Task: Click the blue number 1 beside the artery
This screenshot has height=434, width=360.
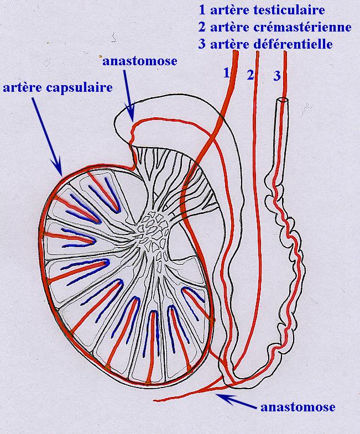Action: (x=226, y=72)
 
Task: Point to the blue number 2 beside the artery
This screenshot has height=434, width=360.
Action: (x=250, y=75)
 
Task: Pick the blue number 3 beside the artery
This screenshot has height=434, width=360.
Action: (x=277, y=76)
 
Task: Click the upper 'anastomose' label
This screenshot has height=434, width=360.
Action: (x=139, y=61)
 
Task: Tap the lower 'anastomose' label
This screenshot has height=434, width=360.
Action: (x=298, y=407)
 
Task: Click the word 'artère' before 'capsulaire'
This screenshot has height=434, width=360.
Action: (x=23, y=87)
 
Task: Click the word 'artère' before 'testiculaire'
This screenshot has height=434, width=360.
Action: (x=227, y=10)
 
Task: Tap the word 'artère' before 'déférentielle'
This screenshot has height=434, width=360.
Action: (x=227, y=44)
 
